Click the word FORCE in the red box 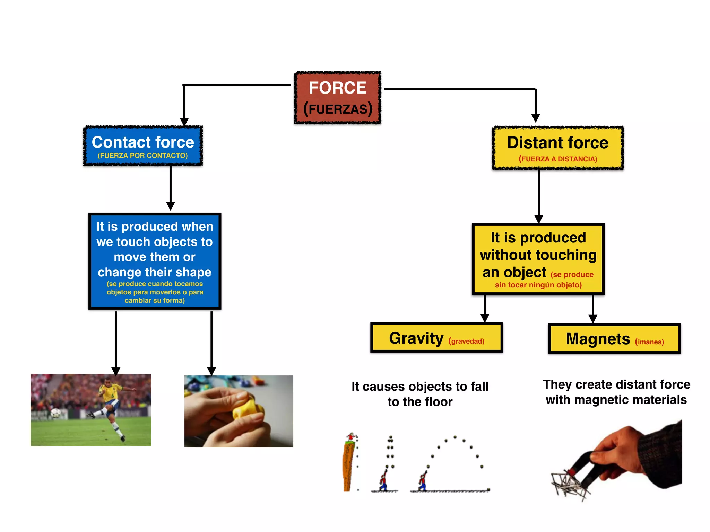[337, 88]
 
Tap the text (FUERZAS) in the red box [338, 109]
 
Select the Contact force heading [143, 142]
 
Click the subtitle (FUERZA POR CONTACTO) [142, 156]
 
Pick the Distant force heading [557, 143]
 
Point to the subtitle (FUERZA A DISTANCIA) [557, 159]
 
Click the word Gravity [416, 338]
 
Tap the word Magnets [598, 339]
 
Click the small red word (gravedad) [466, 341]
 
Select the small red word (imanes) [649, 342]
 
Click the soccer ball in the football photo [55, 413]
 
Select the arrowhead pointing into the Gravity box [485, 318]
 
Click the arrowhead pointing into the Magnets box [593, 319]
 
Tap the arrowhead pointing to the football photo [116, 371]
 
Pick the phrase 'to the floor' [420, 402]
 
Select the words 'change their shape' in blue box [154, 272]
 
